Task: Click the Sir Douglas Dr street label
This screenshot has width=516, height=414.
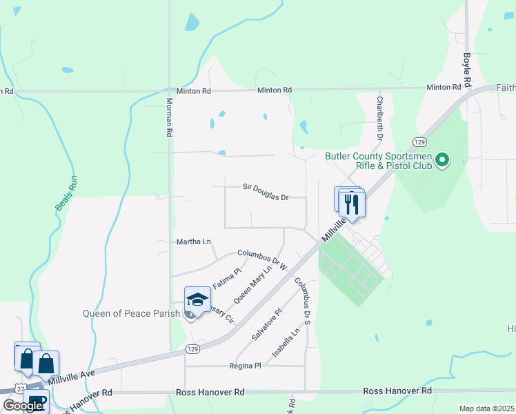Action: [x=264, y=192]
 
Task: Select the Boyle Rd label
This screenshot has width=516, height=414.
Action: [x=467, y=69]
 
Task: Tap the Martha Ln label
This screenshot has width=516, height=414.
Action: [x=194, y=241]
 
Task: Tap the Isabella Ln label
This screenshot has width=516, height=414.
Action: [x=286, y=343]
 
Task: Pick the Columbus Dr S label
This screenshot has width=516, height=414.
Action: [x=304, y=301]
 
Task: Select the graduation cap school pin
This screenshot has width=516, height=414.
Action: [x=197, y=299]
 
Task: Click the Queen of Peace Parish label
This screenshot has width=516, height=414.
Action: [x=131, y=313]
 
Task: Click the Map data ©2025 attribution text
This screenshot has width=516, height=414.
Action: [x=486, y=408]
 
